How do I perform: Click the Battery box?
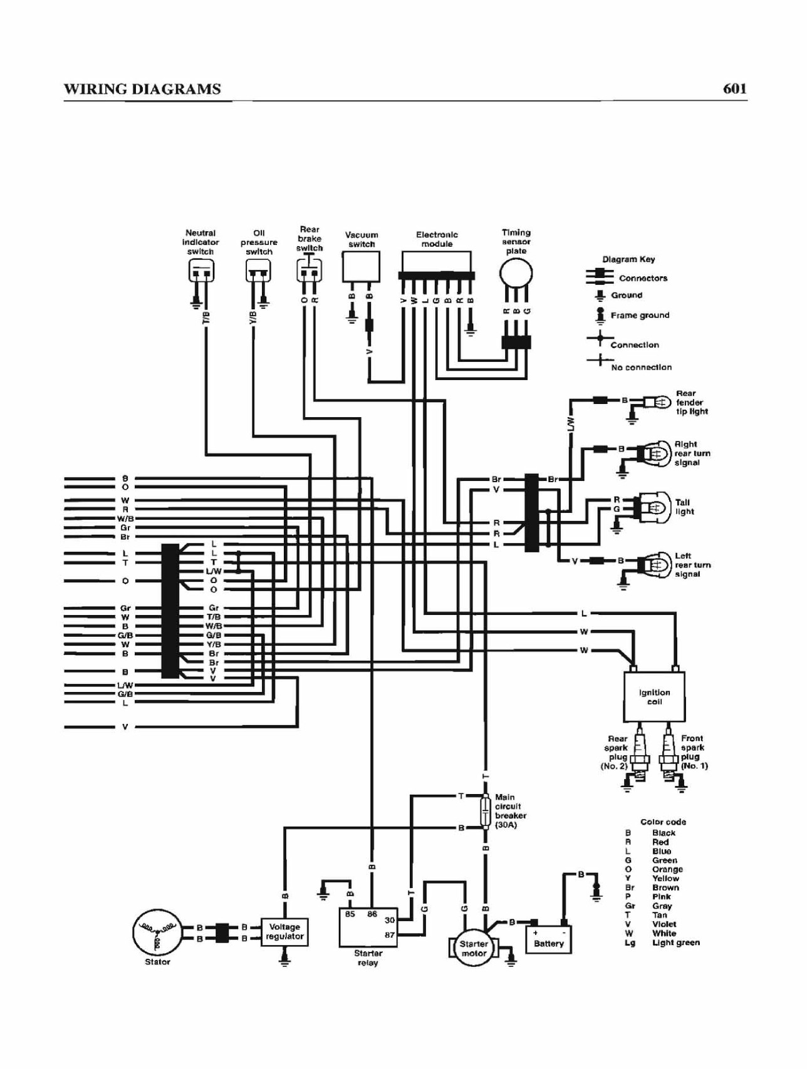click(549, 939)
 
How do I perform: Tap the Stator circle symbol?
click(157, 932)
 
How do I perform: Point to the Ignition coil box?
click(654, 696)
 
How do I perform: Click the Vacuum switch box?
click(361, 267)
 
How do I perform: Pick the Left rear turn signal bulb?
click(653, 563)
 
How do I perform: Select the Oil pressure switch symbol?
click(258, 271)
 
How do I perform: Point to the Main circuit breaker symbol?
click(486, 812)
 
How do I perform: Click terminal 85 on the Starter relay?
click(350, 914)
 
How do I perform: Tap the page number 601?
click(734, 88)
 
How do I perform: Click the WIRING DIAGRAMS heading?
click(142, 89)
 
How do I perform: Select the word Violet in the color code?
click(664, 924)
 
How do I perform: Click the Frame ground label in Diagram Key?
click(640, 315)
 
